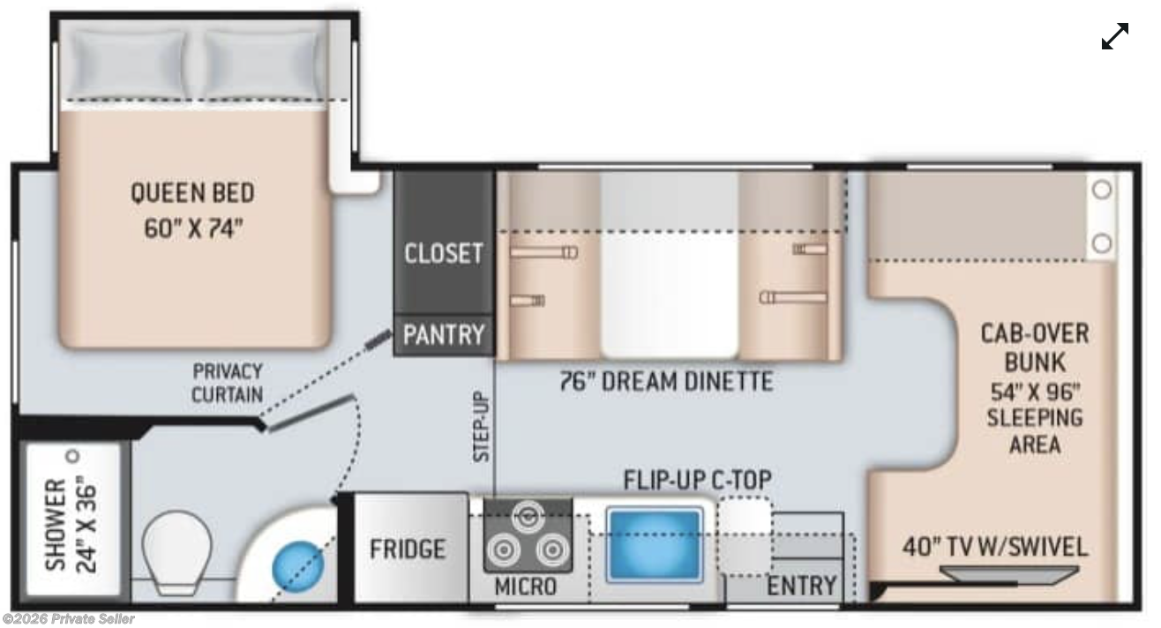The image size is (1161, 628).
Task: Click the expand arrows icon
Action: [1115, 36]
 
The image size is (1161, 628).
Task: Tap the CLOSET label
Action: [444, 253]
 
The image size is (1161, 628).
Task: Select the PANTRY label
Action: [444, 334]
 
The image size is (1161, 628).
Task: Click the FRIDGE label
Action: [408, 549]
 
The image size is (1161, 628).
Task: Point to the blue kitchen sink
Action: [655, 544]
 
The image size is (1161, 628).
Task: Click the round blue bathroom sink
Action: [298, 566]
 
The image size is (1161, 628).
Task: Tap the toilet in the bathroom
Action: [176, 553]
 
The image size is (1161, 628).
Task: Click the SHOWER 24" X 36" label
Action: [71, 526]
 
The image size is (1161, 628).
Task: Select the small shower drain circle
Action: [72, 457]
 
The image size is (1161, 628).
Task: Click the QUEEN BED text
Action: [192, 193]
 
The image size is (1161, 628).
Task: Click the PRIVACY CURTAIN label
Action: [227, 383]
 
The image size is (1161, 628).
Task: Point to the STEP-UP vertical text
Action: [481, 426]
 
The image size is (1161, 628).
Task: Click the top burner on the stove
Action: [528, 516]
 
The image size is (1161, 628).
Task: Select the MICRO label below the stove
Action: [526, 587]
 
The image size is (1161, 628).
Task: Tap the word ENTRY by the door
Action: [801, 586]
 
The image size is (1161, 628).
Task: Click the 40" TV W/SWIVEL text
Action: [994, 547]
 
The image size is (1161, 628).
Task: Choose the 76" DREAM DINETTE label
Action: [667, 381]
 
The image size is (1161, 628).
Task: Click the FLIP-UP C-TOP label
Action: [698, 480]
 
